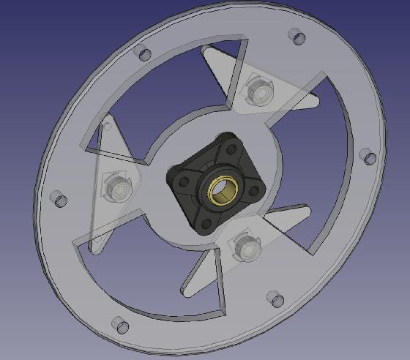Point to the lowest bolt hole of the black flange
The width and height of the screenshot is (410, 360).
206,222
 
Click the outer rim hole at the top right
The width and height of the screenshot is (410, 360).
296,36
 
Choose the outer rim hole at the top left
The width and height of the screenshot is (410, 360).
143,53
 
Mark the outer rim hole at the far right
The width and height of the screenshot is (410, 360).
368,156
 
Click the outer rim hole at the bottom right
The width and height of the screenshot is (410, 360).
275,298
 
